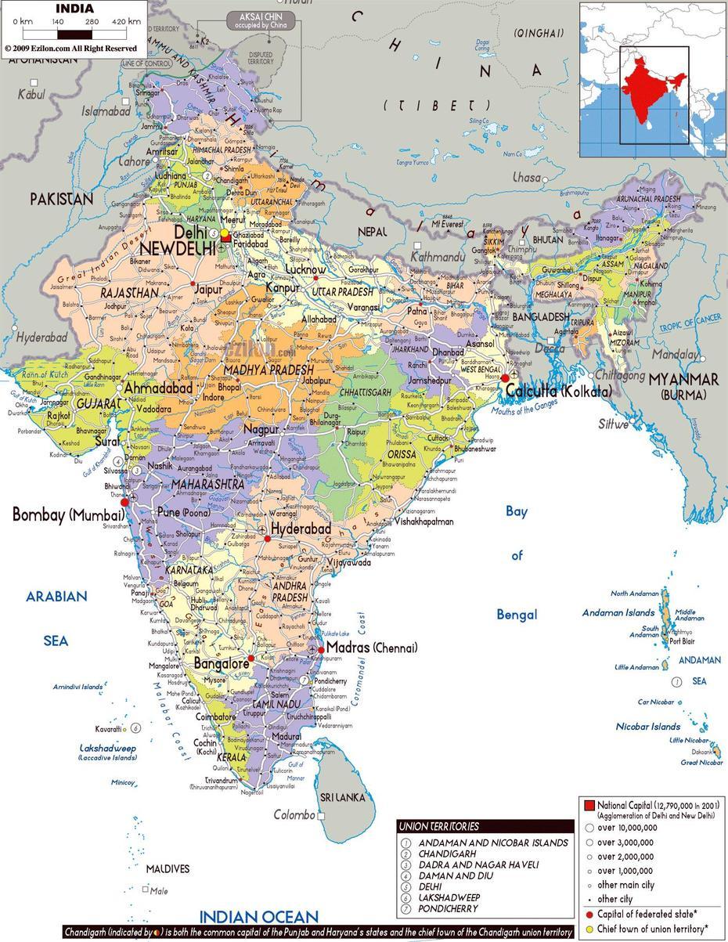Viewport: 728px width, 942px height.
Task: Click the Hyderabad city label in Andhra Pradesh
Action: (301, 529)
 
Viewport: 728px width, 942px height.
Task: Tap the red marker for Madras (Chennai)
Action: (321, 650)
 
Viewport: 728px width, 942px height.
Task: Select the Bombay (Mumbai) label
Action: (68, 514)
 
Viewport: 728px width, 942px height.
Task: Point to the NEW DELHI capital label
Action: (178, 248)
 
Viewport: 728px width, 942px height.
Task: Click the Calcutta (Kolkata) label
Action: (557, 391)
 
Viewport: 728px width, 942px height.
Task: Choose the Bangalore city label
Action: (221, 664)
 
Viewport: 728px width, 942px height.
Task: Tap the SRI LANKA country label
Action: (344, 797)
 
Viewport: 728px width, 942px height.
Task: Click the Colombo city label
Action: (294, 815)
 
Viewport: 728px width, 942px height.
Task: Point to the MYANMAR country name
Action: (683, 379)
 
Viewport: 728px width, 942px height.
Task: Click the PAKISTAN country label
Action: (61, 199)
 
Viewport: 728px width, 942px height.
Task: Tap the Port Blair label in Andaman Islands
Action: (682, 641)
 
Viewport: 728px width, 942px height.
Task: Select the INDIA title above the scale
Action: (74, 9)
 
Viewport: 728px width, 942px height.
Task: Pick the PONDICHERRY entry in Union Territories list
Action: (448, 908)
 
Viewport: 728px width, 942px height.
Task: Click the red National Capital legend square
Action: (589, 805)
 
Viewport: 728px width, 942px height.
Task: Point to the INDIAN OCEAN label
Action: (258, 916)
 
